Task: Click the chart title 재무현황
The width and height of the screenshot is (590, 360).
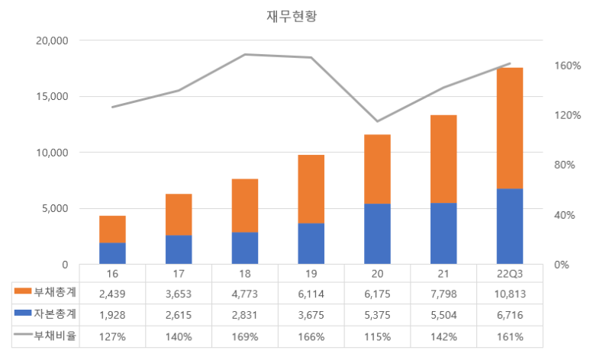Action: pos(286,17)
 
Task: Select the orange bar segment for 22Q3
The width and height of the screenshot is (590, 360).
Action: pos(510,128)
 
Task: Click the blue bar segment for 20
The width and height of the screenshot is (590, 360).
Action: pos(377,233)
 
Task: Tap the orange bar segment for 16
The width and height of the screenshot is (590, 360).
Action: pos(112,229)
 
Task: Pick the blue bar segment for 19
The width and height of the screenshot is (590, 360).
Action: pos(311,243)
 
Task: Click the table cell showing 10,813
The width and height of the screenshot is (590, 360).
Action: pos(510,293)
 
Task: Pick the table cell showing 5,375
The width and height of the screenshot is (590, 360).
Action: pos(377,314)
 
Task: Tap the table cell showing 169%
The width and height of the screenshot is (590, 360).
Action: pos(245,336)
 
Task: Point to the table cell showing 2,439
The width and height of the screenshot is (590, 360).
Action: pos(112,293)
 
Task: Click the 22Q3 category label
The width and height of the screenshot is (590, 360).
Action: pos(510,272)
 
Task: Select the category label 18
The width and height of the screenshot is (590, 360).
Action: pos(245,272)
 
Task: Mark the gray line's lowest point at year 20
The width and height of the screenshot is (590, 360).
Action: pos(377,121)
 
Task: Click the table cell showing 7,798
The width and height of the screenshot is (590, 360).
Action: pos(443,293)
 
